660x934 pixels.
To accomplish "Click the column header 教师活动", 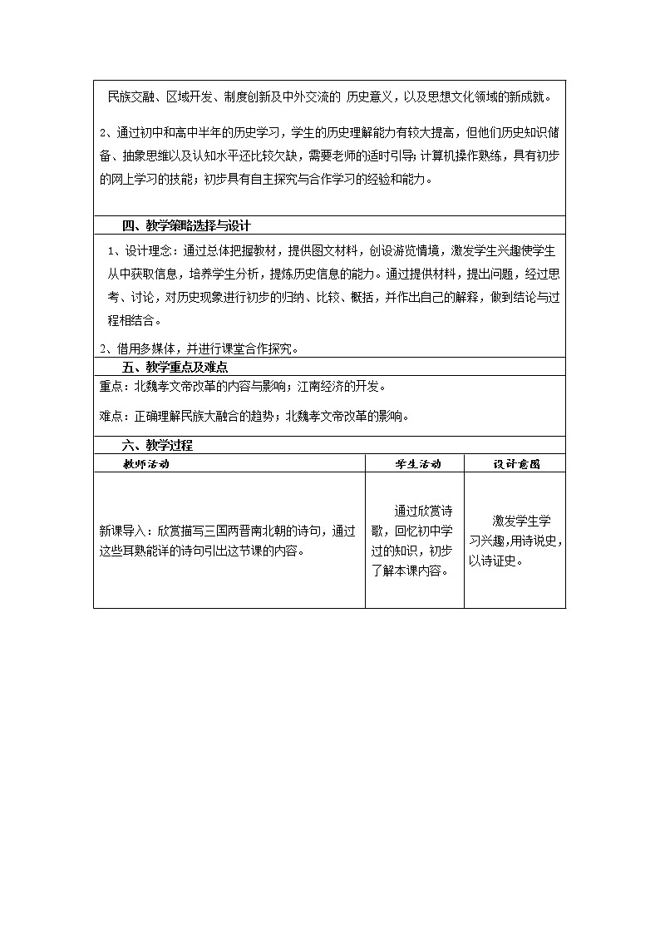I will pyautogui.click(x=145, y=464).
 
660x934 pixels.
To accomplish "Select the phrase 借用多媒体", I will pyautogui.click(x=135, y=348).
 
